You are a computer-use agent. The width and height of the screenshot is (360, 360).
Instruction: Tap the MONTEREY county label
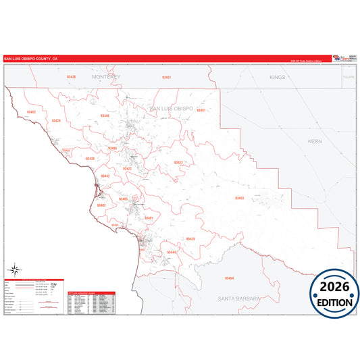click(x=107, y=78)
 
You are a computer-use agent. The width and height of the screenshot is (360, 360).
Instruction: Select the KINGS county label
click(x=278, y=78)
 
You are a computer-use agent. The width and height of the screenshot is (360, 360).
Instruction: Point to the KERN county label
click(x=315, y=142)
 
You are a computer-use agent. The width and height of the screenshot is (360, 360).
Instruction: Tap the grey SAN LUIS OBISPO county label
click(x=171, y=109)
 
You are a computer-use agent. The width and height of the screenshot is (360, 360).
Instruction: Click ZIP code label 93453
click(x=239, y=198)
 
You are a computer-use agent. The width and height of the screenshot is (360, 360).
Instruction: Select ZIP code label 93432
click(x=178, y=163)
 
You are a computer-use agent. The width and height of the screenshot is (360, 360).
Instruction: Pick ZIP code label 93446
click(x=104, y=115)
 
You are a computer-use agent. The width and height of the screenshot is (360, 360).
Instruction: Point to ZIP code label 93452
click(x=31, y=111)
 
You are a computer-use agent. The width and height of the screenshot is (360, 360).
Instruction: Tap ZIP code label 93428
click(x=55, y=121)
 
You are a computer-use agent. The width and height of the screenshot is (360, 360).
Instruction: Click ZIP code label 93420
click(x=190, y=239)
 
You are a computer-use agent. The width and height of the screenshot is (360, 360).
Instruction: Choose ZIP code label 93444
click(x=172, y=252)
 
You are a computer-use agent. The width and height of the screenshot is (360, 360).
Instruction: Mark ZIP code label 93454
click(x=229, y=278)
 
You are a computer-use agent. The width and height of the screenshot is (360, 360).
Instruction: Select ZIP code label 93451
click(x=166, y=78)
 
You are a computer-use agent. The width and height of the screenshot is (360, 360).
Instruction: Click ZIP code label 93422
click(x=127, y=169)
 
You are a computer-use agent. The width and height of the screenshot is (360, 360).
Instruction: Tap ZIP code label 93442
click(x=105, y=176)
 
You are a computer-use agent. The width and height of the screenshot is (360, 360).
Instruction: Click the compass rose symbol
click(x=15, y=271)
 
